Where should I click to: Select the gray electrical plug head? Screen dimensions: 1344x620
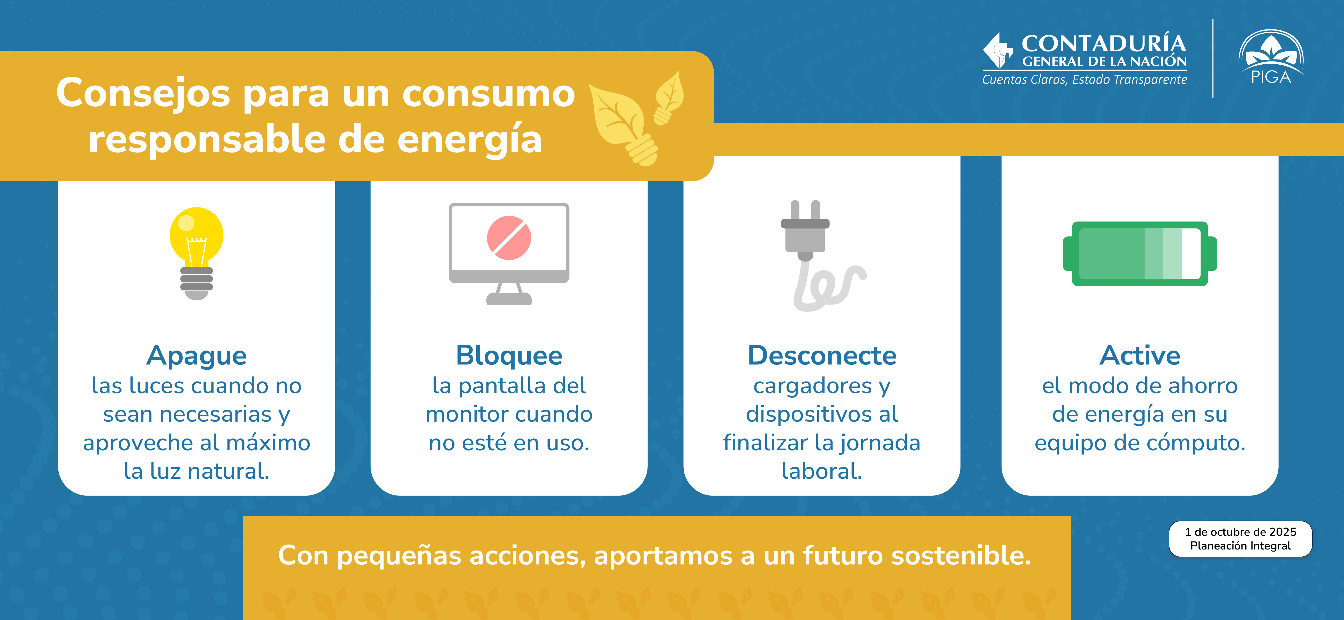[805, 229]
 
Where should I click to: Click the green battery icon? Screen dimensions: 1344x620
[1140, 253]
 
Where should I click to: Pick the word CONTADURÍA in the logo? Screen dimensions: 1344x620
[1104, 43]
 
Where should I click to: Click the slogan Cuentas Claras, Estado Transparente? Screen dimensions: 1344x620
[1085, 79]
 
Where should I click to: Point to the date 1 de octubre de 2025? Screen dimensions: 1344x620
[1241, 532]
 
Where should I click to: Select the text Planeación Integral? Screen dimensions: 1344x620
[1241, 546]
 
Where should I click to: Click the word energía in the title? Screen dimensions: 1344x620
[470, 140]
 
